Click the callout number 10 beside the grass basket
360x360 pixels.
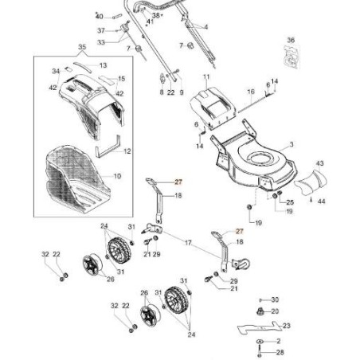[x=117, y=175]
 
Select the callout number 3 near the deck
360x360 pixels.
[x=292, y=143]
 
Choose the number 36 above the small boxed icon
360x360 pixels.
[x=291, y=40]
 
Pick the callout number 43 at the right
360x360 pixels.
[x=320, y=163]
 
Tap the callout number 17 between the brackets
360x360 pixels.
[x=188, y=242]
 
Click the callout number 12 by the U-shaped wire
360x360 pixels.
[x=127, y=151]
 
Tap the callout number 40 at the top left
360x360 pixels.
[x=99, y=15]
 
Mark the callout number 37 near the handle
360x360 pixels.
[x=101, y=30]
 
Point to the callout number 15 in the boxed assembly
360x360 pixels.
[x=122, y=79]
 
